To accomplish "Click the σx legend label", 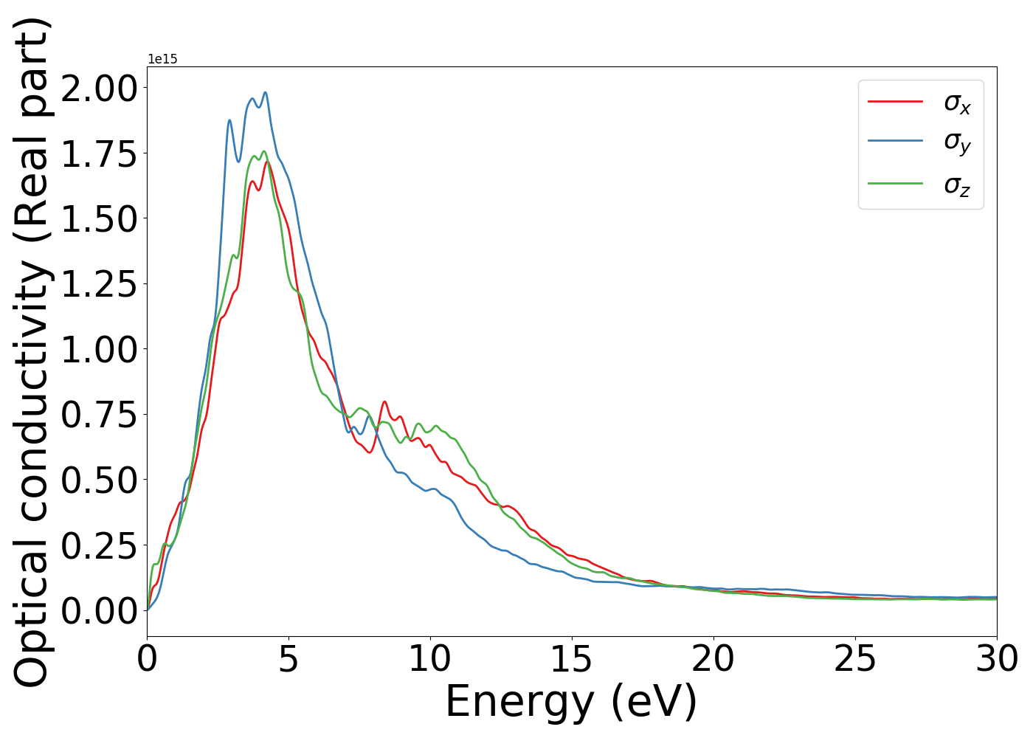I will point(957,104).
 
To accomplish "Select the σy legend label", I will point(957,142).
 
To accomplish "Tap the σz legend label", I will point(957,184).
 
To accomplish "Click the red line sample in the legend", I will point(895,101).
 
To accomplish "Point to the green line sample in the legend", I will point(895,182).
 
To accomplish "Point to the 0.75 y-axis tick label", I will point(99,415).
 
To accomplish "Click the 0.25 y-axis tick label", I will point(99,545).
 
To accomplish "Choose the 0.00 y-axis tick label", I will point(99,611).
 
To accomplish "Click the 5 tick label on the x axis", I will point(289,659).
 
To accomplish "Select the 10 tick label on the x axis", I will point(430,659).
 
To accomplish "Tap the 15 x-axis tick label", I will point(572,659).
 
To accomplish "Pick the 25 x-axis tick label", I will point(855,659).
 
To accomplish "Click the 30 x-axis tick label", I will point(997,659).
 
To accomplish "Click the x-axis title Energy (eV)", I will point(571,702).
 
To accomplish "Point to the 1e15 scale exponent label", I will point(162,59).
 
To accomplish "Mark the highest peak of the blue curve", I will point(265,92).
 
